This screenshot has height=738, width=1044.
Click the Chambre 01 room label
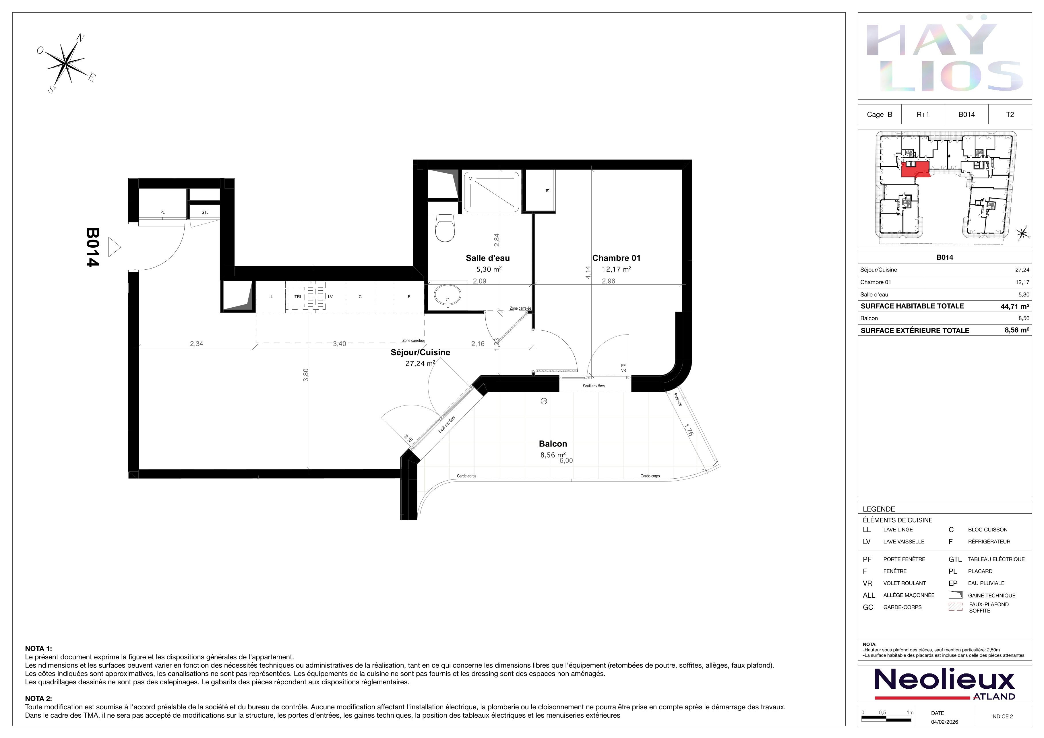[616, 258]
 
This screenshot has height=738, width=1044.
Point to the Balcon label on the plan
[553, 444]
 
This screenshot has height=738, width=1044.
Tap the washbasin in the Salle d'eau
[448, 295]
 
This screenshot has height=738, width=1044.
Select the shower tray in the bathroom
[491, 192]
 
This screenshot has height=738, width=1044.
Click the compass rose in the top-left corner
[66, 63]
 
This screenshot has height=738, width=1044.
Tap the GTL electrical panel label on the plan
[205, 212]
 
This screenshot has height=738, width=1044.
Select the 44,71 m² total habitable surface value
[1015, 306]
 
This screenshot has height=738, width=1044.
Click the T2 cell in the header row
[1010, 114]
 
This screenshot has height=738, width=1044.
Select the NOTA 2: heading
[39, 698]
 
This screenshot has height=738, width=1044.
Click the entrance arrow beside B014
[115, 248]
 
